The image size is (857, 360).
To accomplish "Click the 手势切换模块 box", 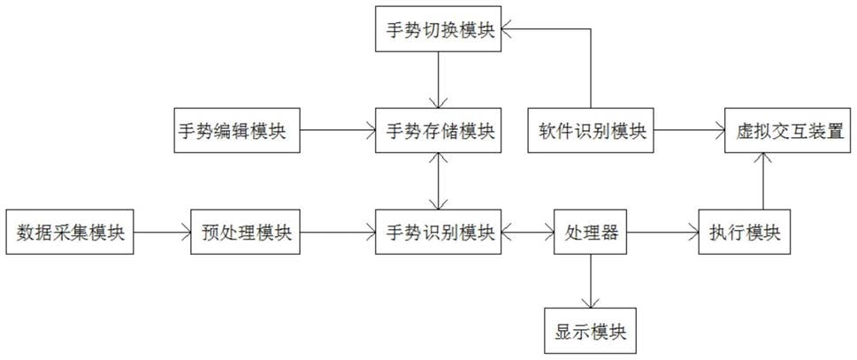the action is [x=439, y=30].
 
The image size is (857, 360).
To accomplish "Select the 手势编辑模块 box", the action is [x=237, y=131].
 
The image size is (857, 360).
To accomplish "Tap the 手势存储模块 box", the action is [x=439, y=131].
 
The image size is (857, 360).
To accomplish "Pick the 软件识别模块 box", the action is [x=591, y=131].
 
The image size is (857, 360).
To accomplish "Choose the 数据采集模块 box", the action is [x=69, y=232].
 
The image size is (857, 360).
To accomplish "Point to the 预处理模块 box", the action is [x=245, y=232].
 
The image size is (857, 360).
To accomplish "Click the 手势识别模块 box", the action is [x=439, y=232].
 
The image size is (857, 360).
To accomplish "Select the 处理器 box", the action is [x=591, y=232].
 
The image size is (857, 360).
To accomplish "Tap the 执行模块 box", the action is [x=745, y=232].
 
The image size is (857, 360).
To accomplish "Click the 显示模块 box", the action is [x=591, y=331].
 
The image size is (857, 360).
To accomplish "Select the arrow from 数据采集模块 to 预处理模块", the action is [x=162, y=232].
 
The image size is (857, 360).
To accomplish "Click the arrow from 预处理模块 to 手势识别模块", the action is [x=338, y=232].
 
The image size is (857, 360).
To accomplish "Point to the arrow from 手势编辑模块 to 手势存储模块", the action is [x=338, y=131].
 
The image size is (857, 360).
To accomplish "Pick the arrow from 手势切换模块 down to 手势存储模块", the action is [x=439, y=80].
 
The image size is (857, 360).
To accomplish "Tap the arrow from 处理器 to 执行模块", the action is [x=663, y=232].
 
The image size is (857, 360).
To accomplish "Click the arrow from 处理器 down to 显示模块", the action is [x=591, y=281].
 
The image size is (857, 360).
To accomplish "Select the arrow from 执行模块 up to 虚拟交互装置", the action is [x=763, y=181].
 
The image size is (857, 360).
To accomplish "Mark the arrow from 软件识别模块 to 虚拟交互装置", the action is [x=690, y=131].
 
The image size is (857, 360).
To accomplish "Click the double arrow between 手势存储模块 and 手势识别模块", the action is [x=439, y=181].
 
